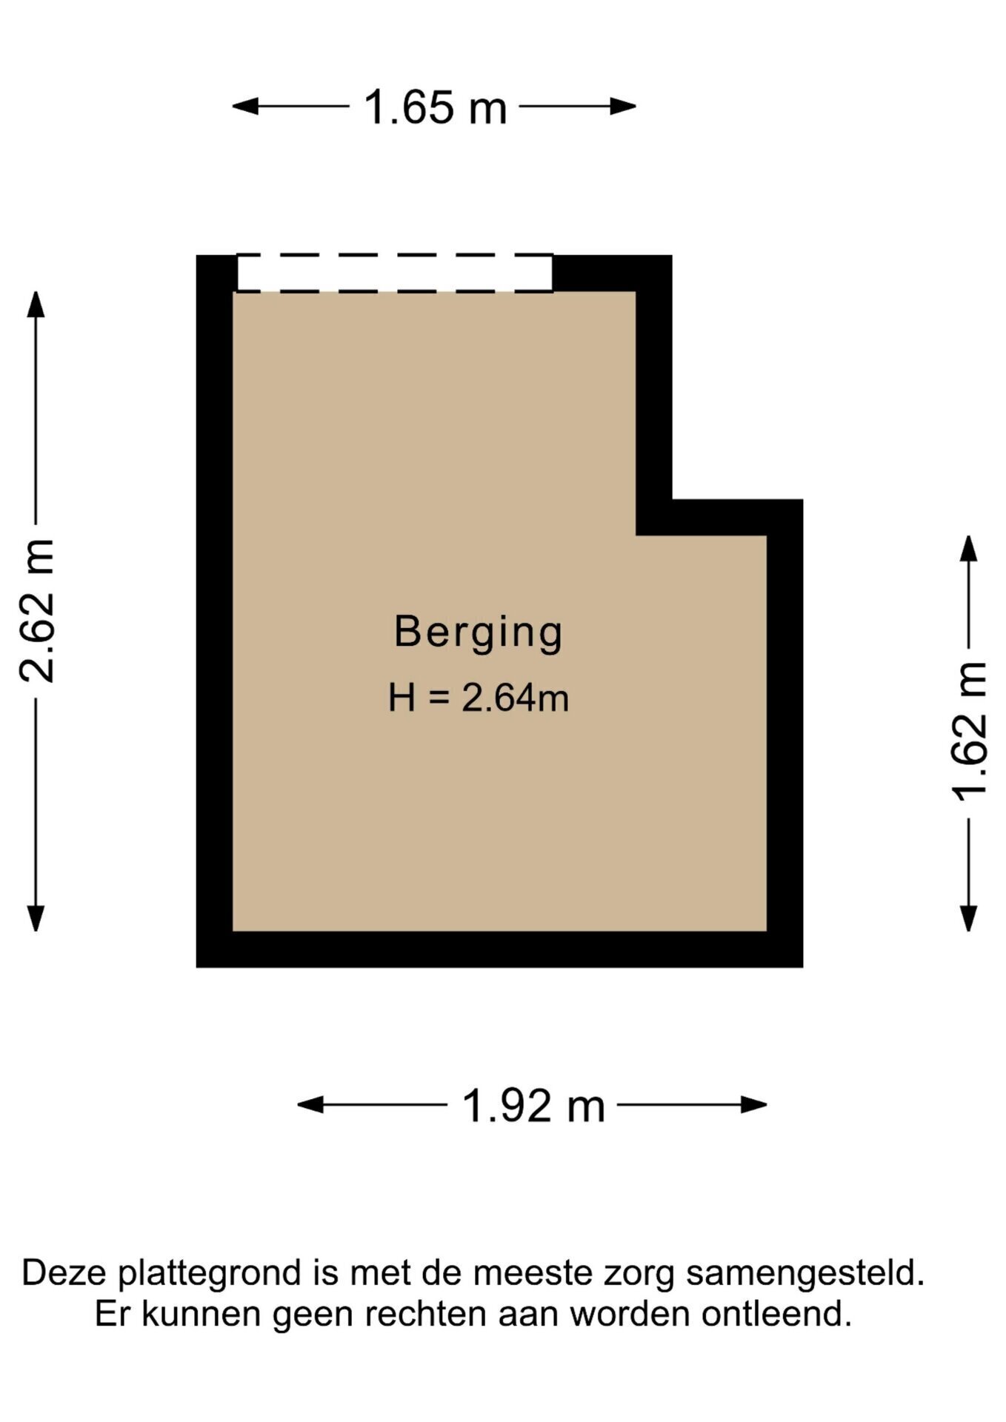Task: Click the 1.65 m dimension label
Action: (x=435, y=107)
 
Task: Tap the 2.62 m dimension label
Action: (x=37, y=611)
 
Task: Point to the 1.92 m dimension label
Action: (x=533, y=1106)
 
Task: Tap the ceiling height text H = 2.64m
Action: (x=479, y=698)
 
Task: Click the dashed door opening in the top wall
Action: (x=395, y=273)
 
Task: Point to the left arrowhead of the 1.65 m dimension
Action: (x=245, y=107)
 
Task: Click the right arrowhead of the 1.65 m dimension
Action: (x=623, y=107)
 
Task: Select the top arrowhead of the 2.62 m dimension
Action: (x=36, y=304)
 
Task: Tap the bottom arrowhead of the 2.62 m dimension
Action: (x=36, y=918)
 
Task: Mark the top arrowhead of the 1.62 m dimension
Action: (x=968, y=548)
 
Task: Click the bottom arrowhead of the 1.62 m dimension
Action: (x=968, y=918)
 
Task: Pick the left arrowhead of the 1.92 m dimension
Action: (x=310, y=1105)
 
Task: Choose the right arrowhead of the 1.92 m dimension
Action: (x=754, y=1105)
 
